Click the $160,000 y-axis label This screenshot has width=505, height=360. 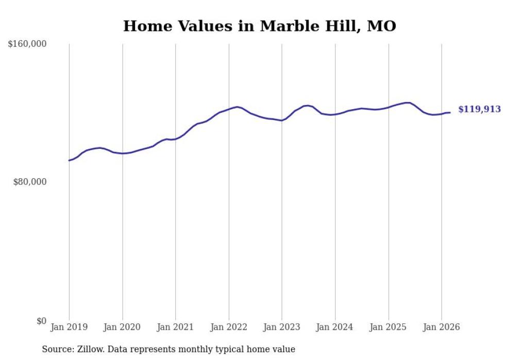click(27, 44)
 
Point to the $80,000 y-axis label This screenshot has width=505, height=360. click(29, 182)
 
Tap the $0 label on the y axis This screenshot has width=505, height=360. click(41, 321)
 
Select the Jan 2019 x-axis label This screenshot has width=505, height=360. click(69, 327)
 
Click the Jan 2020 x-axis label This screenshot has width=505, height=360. click(122, 327)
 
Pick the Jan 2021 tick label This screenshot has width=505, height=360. click(175, 327)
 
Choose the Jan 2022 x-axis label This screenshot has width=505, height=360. click(229, 327)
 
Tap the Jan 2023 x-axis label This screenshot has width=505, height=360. click(282, 327)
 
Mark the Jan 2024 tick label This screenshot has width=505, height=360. click(335, 327)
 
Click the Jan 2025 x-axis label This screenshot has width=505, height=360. click(388, 327)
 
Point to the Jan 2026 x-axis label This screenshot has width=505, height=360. click(441, 327)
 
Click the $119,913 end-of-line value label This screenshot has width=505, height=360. click(479, 109)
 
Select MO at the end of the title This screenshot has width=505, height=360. click(381, 26)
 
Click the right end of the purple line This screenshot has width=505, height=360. click(450, 112)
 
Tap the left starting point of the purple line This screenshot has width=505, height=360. click(69, 160)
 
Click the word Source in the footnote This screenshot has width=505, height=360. click(57, 349)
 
